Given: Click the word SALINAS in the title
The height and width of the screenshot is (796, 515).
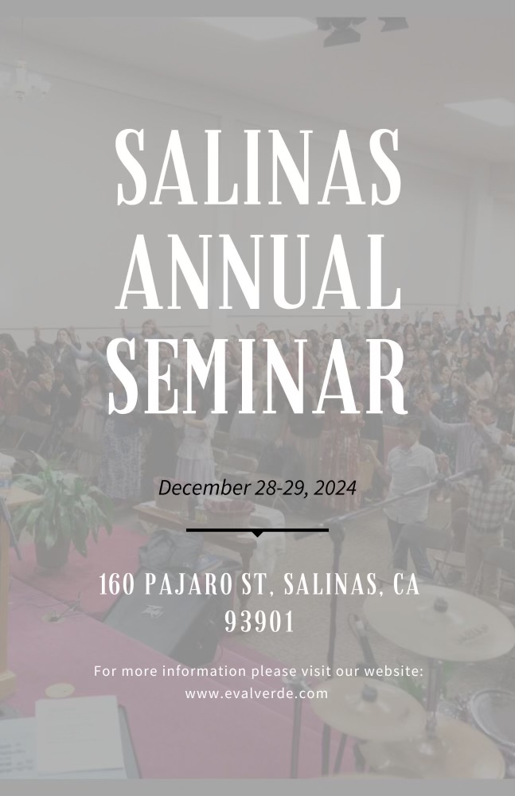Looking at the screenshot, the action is coord(259,167).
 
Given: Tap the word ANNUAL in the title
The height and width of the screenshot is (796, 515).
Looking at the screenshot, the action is coord(259,272).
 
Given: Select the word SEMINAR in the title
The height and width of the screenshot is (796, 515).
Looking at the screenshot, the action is coord(258,377).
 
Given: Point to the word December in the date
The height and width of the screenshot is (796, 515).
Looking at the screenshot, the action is coord(205,489).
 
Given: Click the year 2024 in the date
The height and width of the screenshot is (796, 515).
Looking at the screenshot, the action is coord(335,489).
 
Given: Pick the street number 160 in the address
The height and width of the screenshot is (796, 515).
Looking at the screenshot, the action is coord(117,584).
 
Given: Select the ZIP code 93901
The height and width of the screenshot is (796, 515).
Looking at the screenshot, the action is coord(259,622).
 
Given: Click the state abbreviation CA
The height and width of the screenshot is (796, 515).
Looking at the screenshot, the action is coord(406,584).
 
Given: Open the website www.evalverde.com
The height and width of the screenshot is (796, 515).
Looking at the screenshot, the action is coord(256,693).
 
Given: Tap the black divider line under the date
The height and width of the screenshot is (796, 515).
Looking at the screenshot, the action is coord(258,530).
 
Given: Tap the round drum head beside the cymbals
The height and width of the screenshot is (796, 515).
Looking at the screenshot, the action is coord(493,716).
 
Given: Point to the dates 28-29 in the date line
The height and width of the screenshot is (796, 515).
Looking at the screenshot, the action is coord(281,489).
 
